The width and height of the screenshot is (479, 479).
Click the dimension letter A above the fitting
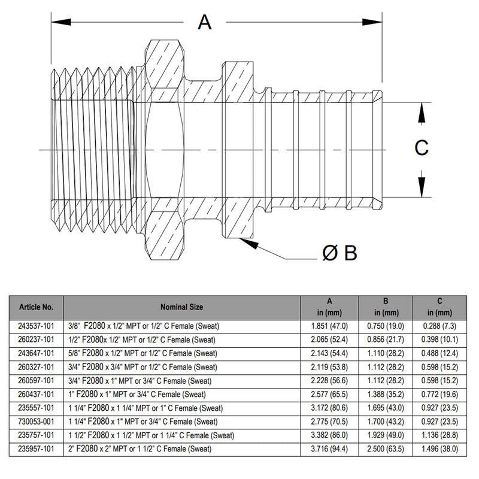click(205, 22)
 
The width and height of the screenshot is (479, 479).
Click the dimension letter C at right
click(422, 148)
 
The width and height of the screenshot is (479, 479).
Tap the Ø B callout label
click(339, 254)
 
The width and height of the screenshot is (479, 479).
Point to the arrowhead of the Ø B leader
click(242, 241)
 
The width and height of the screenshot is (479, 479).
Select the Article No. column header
click(37, 307)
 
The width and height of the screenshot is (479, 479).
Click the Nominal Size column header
click(181, 307)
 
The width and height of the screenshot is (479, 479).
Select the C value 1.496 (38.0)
click(440, 448)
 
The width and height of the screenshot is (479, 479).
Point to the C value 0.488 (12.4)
click(440, 353)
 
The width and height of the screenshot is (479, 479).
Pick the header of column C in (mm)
click(440, 307)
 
